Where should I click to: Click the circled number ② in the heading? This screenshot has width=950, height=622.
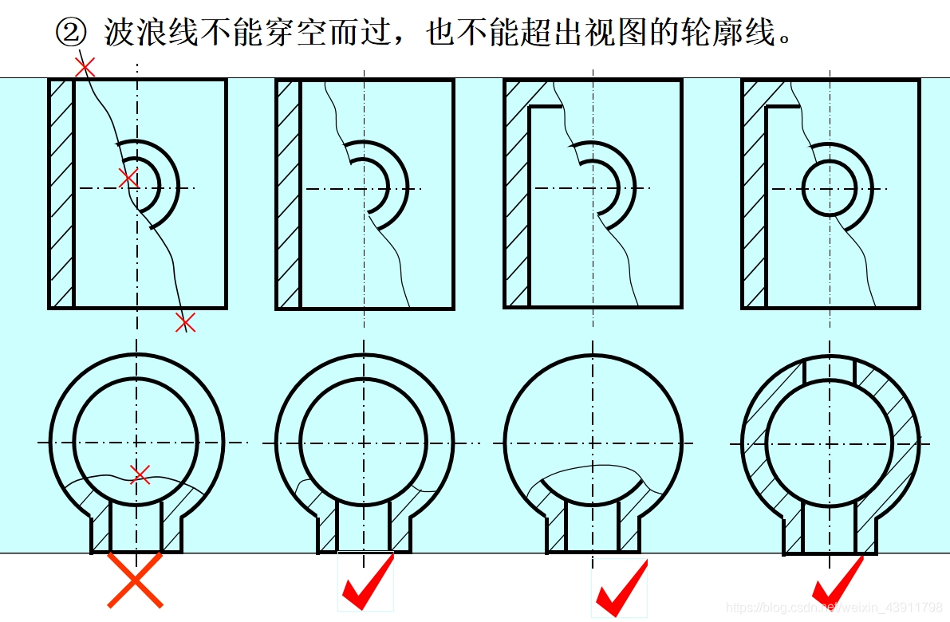pos(72,32)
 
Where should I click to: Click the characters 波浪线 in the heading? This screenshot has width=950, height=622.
pos(151,32)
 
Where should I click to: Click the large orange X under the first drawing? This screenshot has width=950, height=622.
pos(135,580)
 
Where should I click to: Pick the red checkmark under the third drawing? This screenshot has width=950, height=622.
pos(621,588)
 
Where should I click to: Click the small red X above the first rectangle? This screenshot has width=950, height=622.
pos(85,67)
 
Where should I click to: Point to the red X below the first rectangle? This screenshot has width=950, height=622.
pos(185,322)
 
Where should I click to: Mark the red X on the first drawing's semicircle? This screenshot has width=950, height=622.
pos(128,179)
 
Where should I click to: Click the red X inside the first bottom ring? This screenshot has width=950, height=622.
pos(140,474)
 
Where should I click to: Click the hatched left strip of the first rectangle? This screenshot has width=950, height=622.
pos(61,194)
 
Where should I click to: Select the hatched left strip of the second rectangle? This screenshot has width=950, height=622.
pos(289,195)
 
